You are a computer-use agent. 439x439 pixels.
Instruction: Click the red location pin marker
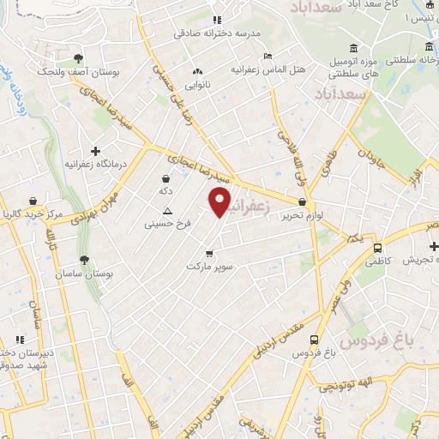220,202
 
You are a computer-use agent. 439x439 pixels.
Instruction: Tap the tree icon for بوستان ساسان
83,261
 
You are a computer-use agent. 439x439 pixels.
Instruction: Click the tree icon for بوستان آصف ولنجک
78,58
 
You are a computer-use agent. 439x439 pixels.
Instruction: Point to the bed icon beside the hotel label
268,56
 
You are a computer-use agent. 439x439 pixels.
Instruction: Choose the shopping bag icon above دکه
165,179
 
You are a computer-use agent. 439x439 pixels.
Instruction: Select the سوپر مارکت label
210,267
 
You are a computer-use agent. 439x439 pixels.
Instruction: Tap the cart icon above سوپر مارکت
210,253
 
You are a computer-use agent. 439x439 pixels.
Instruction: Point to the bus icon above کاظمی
377,248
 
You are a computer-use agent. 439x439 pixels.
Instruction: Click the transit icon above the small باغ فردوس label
316,340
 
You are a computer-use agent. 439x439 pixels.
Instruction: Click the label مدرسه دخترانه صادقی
217,34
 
